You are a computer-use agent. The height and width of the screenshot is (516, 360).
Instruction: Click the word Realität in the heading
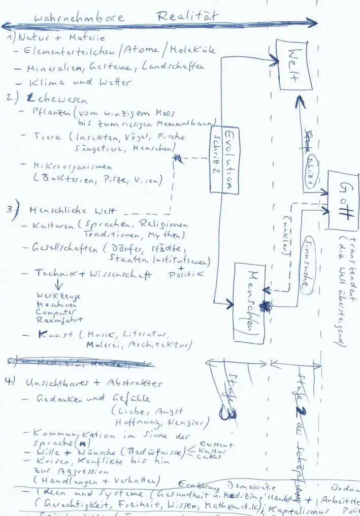click(187, 16)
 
